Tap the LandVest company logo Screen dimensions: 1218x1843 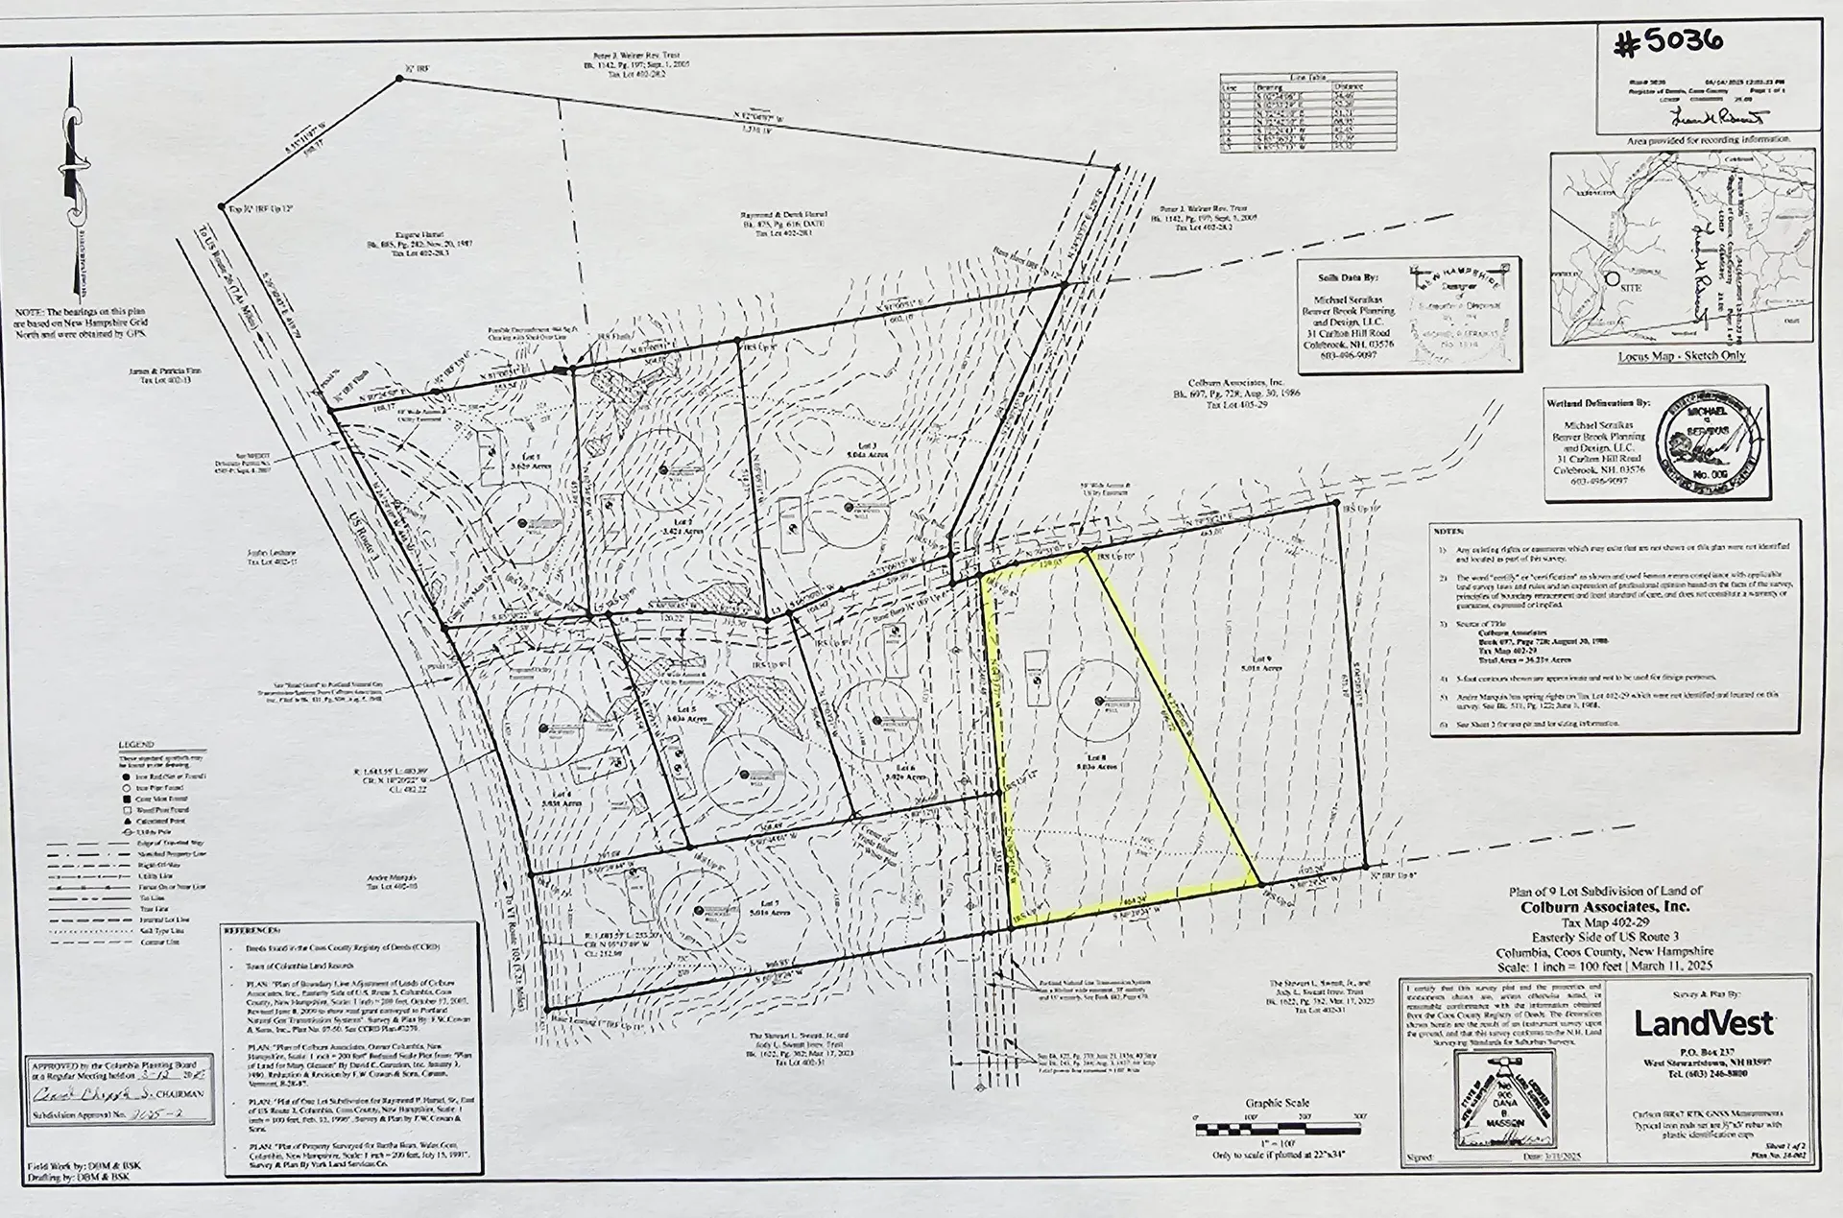point(1703,1023)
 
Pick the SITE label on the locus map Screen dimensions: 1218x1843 point(1630,287)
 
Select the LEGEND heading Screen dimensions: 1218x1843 point(135,745)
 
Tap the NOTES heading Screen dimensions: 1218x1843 point(1448,531)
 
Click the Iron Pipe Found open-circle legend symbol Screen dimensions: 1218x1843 point(127,787)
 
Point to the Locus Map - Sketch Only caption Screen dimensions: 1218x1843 point(1681,356)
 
